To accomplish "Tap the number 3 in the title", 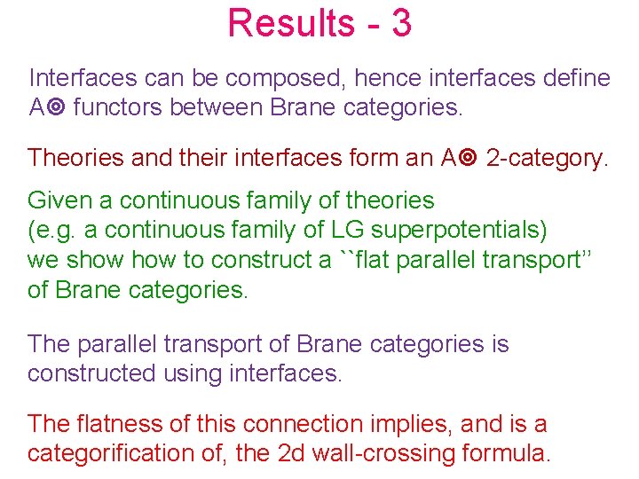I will (400, 23).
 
